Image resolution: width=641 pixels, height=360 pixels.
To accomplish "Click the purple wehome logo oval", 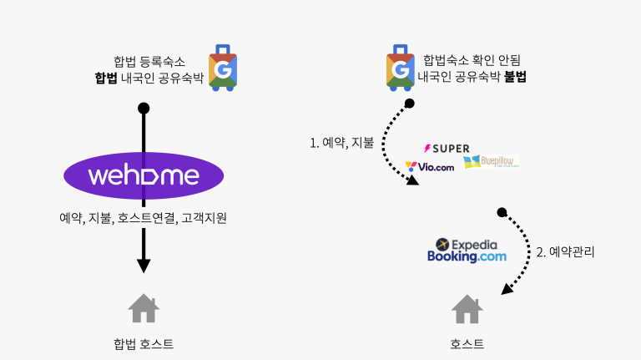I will pos(144,176).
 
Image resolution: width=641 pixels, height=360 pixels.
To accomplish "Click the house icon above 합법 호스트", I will pos(144,308).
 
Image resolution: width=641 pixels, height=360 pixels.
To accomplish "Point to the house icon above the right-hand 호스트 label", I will pos(467,308).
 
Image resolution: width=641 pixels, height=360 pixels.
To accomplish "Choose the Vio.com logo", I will pos(430,166).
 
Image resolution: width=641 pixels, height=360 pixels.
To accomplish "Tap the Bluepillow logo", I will pos(490,160).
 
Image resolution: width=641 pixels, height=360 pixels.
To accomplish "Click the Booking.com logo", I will pos(467,257).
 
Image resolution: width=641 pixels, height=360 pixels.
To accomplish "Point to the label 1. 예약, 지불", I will pos(341,142).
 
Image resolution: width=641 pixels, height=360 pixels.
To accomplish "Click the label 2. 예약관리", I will pos(565,251).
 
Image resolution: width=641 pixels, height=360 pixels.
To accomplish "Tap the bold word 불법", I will pos(515,76).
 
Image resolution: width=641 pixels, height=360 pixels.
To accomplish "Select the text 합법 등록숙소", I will pos(149,61).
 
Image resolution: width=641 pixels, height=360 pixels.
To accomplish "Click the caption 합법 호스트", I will pos(144,343).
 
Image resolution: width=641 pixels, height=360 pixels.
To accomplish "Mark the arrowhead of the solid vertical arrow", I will pos(144,265).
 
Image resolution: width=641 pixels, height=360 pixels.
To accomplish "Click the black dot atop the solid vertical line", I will pos(144,108).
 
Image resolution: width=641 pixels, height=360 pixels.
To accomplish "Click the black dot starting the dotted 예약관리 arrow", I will pos(501,212).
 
